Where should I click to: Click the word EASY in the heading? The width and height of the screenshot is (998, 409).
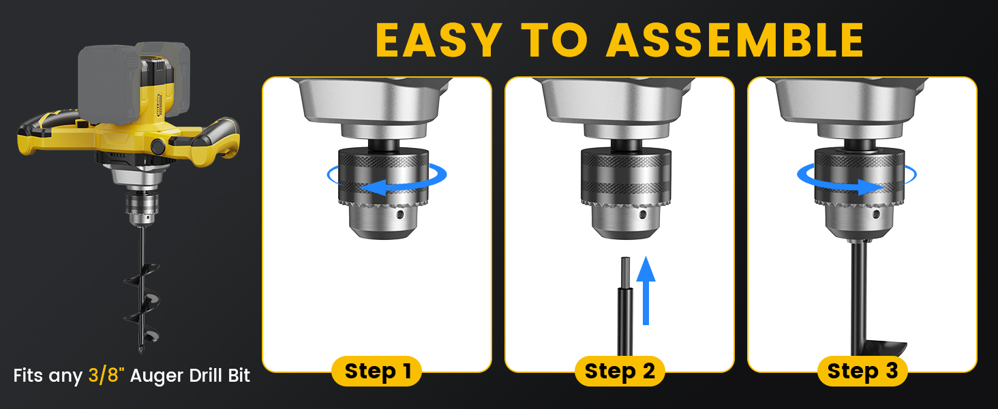pyautogui.click(x=439, y=40)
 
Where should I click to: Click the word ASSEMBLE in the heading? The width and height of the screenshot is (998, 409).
pyautogui.click(x=736, y=40)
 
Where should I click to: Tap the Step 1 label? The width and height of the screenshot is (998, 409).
pyautogui.click(x=377, y=371)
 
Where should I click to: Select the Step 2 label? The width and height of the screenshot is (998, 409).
pyautogui.click(x=620, y=371)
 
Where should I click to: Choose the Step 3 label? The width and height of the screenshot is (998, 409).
pyautogui.click(x=862, y=371)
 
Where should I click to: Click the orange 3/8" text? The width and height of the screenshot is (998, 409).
pyautogui.click(x=106, y=375)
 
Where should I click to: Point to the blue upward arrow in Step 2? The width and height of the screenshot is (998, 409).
pyautogui.click(x=646, y=290)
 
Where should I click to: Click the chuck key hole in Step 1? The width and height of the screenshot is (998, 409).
pyautogui.click(x=400, y=215)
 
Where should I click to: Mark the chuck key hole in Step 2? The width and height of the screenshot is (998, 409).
pyautogui.click(x=642, y=215)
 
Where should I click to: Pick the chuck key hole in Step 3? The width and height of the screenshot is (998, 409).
pyautogui.click(x=876, y=214)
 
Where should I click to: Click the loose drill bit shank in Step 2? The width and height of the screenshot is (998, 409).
pyautogui.click(x=625, y=307)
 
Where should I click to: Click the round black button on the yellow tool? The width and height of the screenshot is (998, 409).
pyautogui.click(x=157, y=146)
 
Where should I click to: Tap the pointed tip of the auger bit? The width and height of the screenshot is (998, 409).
pyautogui.click(x=141, y=352)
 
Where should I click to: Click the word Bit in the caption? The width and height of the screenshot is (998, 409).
pyautogui.click(x=239, y=375)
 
